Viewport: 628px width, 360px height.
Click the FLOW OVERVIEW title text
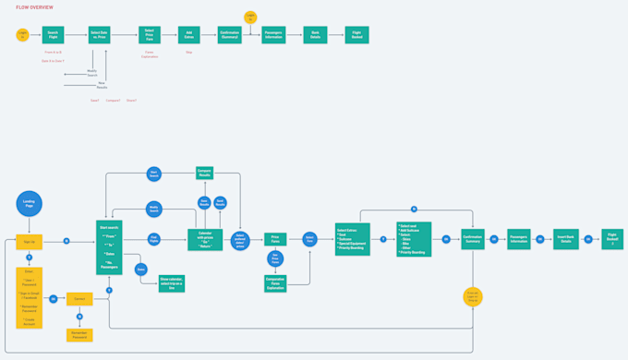coord(34,7)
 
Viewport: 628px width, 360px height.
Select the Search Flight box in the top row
coord(54,34)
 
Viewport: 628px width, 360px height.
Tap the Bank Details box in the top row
coord(317,34)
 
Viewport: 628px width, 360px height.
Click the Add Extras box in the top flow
coord(189,34)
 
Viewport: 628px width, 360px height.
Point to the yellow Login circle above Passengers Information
coord(250,17)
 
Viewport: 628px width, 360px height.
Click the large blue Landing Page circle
coord(30,204)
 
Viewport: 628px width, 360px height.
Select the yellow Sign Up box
coord(30,242)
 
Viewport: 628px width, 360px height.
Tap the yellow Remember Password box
coord(80,334)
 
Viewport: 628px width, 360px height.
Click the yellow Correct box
coord(80,298)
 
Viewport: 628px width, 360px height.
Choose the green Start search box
coord(110,246)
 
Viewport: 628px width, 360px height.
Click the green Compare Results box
coord(205,173)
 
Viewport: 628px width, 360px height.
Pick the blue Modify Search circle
coord(154,210)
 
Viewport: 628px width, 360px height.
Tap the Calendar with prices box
coord(205,240)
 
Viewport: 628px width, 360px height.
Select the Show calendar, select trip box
coord(172,283)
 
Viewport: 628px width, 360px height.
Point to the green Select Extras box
coord(353,238)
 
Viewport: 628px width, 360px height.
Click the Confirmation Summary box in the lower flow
coord(473,239)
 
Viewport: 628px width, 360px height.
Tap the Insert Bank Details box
coord(565,239)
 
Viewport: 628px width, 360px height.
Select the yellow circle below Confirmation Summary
coord(473,297)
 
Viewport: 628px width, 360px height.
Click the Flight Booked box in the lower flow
coord(612,239)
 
